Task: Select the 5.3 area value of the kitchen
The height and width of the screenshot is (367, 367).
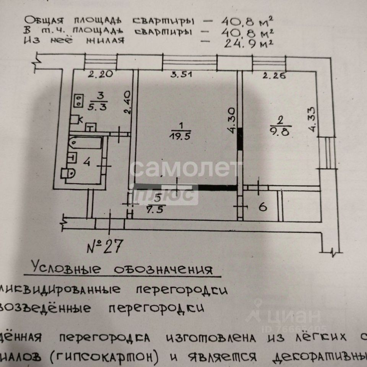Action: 91,107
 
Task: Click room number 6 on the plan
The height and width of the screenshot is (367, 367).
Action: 262,208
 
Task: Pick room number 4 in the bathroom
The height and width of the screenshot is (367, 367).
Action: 87,162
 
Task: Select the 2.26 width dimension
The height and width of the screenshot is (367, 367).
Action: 274,75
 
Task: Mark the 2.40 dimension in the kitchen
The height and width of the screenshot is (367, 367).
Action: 128,102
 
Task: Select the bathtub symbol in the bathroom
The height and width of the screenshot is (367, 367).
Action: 86,144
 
